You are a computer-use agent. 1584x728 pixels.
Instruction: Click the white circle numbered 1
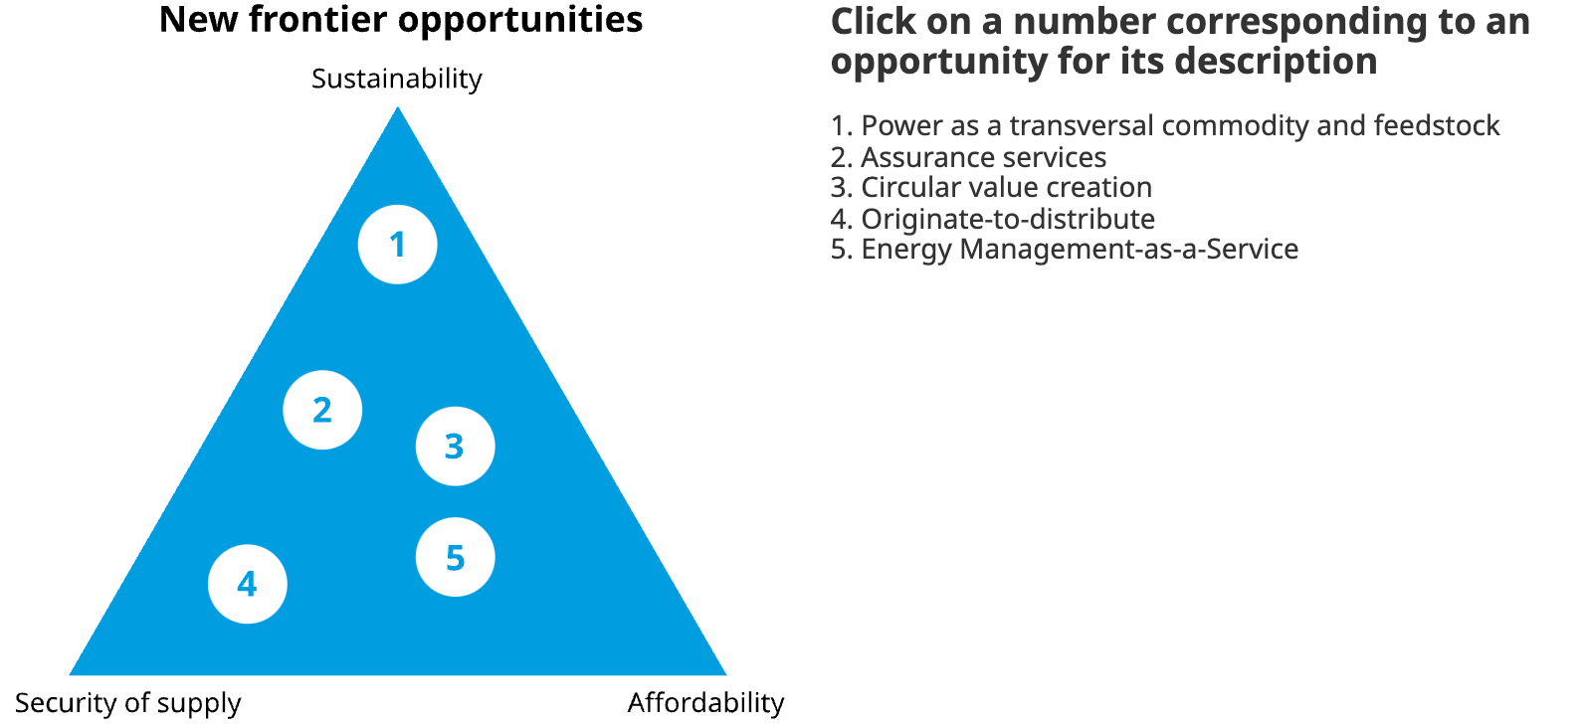click(397, 245)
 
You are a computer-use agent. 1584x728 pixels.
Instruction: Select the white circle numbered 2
click(322, 410)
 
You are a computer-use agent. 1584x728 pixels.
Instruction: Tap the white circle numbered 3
click(456, 446)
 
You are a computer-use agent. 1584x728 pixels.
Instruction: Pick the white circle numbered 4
click(248, 584)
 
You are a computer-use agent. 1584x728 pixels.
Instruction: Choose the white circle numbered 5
click(456, 557)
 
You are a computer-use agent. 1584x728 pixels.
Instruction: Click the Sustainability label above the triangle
click(397, 80)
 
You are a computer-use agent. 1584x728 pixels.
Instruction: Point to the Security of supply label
click(128, 703)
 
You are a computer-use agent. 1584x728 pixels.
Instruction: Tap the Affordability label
click(705, 702)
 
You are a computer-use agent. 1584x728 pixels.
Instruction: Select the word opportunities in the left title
click(520, 21)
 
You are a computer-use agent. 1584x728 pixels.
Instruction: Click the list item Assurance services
click(969, 157)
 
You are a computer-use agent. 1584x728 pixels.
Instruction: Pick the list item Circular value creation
click(991, 187)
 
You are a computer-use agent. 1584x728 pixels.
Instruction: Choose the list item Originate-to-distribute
click(993, 219)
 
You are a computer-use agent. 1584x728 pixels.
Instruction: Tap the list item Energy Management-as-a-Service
click(1065, 250)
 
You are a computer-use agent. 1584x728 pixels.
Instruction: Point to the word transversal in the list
click(1082, 126)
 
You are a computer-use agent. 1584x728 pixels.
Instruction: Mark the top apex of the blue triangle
click(397, 106)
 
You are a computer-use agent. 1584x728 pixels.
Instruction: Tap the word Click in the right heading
click(874, 22)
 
